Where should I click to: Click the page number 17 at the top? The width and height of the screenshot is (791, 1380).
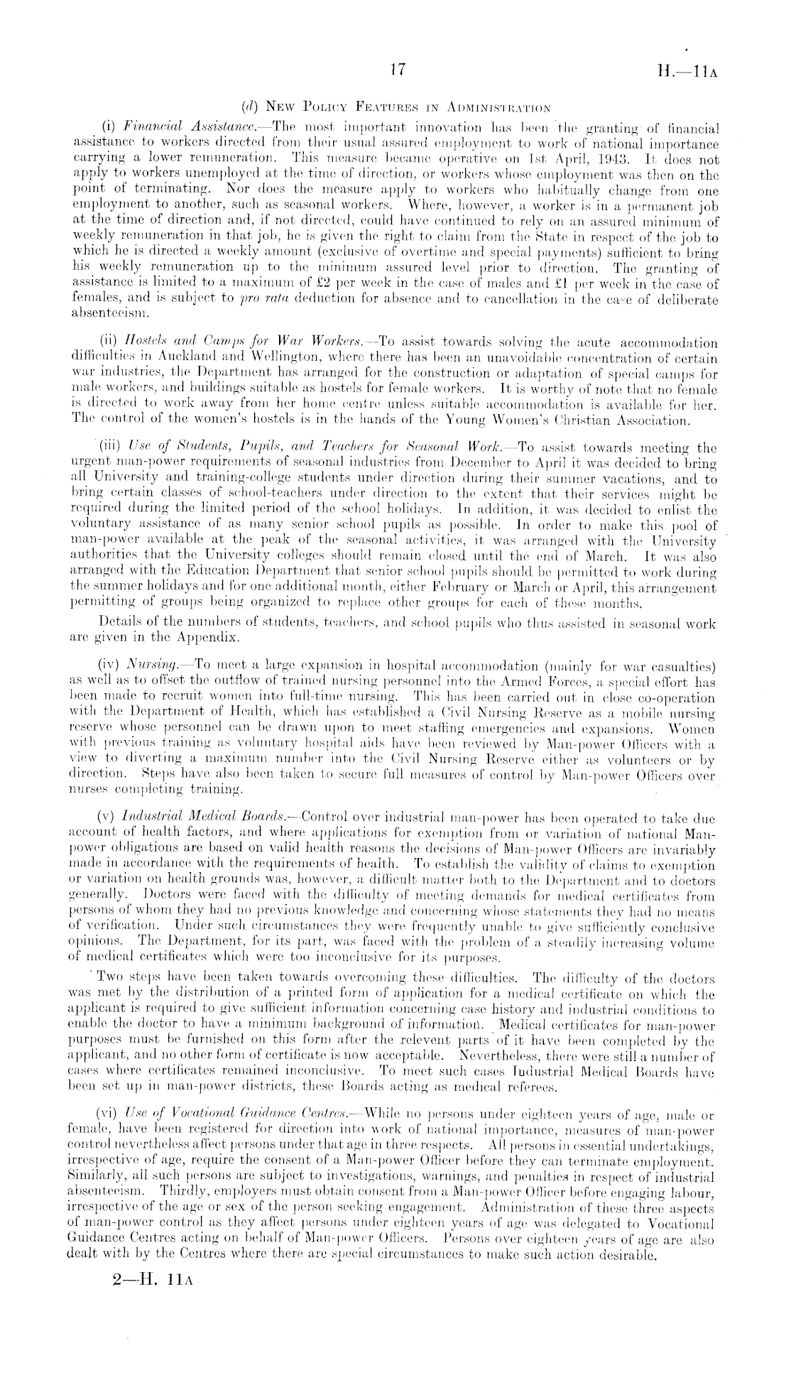click(x=398, y=70)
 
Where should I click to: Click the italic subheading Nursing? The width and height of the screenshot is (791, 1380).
click(x=147, y=666)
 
